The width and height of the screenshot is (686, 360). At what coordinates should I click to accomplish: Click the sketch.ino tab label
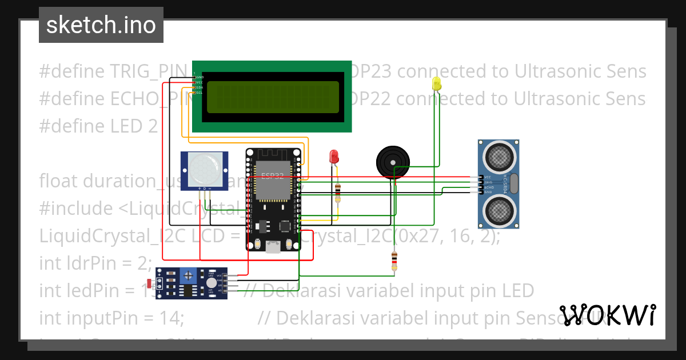click(101, 25)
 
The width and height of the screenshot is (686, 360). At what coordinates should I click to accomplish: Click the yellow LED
click(437, 83)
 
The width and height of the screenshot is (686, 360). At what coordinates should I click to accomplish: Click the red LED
click(334, 156)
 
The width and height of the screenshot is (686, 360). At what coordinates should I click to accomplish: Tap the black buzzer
click(393, 162)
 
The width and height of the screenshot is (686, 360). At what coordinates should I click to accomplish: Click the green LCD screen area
click(272, 97)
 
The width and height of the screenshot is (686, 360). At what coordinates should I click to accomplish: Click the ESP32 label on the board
click(272, 176)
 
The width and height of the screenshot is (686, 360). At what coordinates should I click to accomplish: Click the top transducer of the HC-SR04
click(498, 156)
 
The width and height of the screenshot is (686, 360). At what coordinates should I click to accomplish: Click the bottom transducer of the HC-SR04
click(498, 213)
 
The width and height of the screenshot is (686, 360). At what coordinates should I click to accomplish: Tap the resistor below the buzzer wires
click(394, 261)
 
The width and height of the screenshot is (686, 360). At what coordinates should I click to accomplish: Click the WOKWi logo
click(607, 315)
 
